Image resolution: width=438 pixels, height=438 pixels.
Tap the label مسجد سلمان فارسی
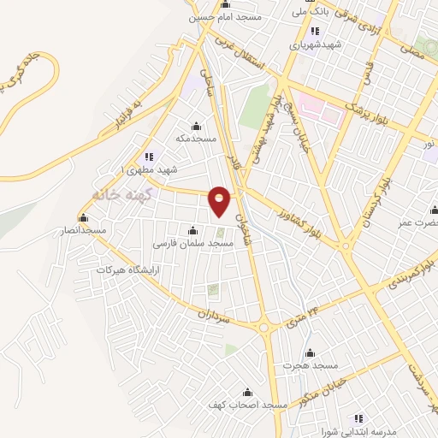[193, 244]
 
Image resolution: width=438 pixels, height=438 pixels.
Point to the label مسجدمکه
[196, 138]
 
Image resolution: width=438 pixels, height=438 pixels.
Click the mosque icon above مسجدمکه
[196, 126]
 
